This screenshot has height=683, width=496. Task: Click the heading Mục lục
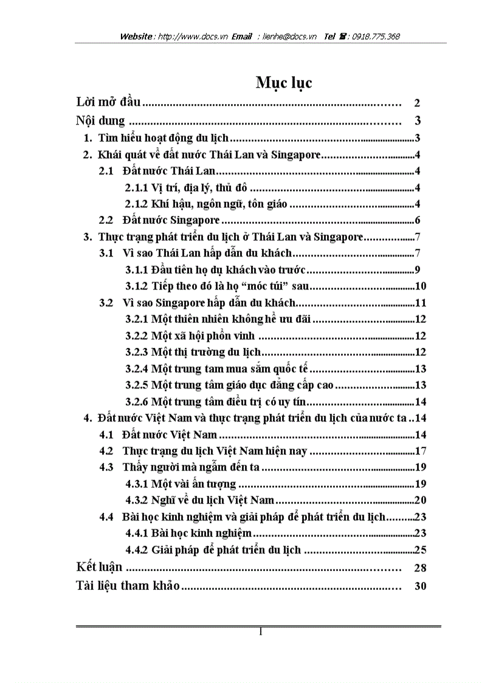pyautogui.click(x=284, y=83)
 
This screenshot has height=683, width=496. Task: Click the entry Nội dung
pyautogui.click(x=101, y=120)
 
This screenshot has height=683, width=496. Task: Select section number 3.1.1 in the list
pyautogui.click(x=137, y=270)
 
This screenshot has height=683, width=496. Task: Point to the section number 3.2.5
pyautogui.click(x=137, y=385)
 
